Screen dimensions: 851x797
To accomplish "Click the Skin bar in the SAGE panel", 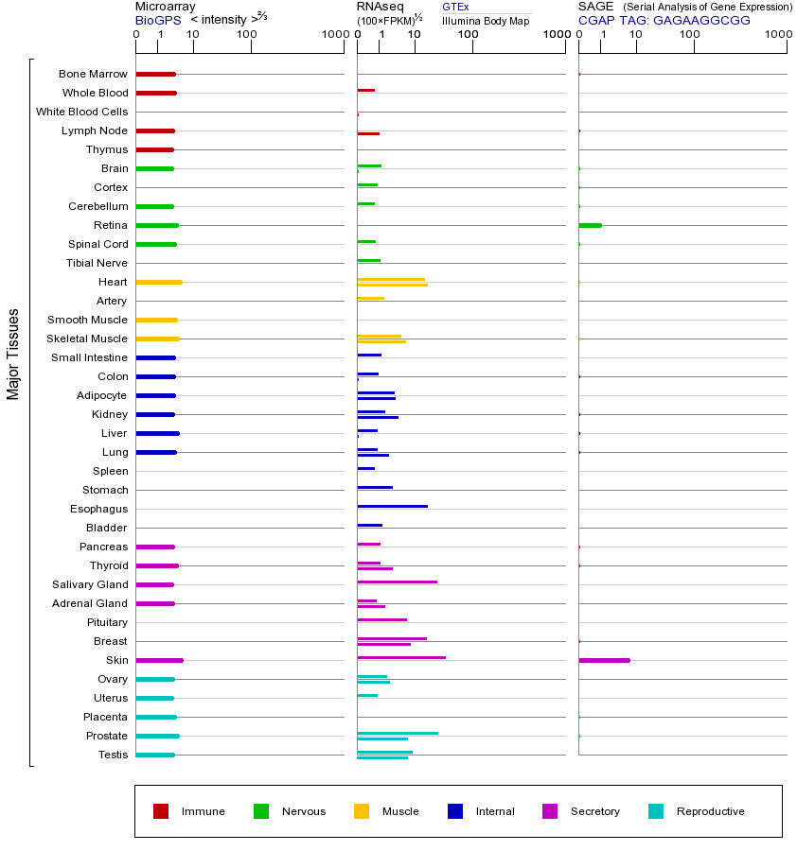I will pyautogui.click(x=604, y=660).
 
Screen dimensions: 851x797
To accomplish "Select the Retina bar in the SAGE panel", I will pyautogui.click(x=590, y=225).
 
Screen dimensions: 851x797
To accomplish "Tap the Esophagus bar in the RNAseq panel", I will pyautogui.click(x=392, y=506).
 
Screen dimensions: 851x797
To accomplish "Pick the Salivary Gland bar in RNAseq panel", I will pyautogui.click(x=397, y=582).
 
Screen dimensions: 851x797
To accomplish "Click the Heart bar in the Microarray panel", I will pyautogui.click(x=159, y=282).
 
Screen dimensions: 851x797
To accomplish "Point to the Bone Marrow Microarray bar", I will pyautogui.click(x=155, y=74).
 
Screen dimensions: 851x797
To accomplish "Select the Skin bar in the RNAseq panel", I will pyautogui.click(x=401, y=657).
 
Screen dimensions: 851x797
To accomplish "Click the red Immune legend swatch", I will pyautogui.click(x=161, y=811).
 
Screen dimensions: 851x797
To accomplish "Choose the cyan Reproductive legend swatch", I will pyautogui.click(x=656, y=811).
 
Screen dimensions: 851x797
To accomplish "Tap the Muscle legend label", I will pyautogui.click(x=400, y=811).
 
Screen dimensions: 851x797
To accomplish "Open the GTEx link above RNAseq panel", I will pyautogui.click(x=455, y=8).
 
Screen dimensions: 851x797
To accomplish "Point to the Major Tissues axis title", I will pyautogui.click(x=13, y=354).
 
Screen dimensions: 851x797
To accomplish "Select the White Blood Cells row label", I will pyautogui.click(x=81, y=112).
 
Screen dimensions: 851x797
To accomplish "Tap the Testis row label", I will pyautogui.click(x=113, y=755).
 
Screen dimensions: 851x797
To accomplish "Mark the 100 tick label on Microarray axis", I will pyautogui.click(x=247, y=35).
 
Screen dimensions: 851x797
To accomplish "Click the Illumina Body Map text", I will pyautogui.click(x=486, y=20).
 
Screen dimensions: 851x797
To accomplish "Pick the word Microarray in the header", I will pyautogui.click(x=165, y=7).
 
